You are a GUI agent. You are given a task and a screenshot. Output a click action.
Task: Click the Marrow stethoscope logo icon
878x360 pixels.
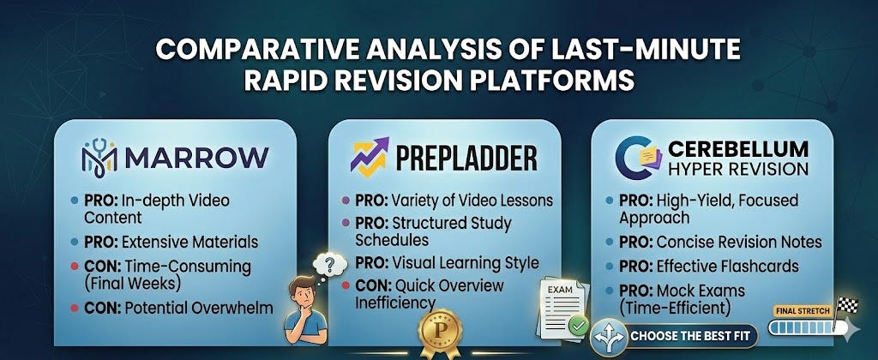[x=99, y=158]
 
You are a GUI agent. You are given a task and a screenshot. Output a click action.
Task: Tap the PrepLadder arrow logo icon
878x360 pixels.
[x=370, y=156]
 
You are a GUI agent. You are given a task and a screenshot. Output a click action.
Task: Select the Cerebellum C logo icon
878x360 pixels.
[x=638, y=158]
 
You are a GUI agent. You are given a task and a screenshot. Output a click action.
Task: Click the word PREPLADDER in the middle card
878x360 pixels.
[x=466, y=158]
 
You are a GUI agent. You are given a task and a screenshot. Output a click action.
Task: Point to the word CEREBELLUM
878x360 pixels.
[x=738, y=149]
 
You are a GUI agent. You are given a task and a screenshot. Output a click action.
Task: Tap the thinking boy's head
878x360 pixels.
[x=304, y=291]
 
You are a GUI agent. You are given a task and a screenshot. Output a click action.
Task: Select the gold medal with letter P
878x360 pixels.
[x=440, y=333]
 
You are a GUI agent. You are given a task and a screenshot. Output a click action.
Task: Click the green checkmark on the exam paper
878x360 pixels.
[x=578, y=323]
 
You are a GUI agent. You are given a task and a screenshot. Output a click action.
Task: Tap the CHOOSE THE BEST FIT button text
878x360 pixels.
[x=693, y=337]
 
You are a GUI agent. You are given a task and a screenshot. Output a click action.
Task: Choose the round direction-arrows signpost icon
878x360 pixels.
[x=609, y=338]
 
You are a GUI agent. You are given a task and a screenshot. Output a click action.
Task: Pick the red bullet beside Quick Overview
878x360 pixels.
[x=346, y=286]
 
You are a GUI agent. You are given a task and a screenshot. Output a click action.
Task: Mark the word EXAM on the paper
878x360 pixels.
[x=559, y=290]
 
